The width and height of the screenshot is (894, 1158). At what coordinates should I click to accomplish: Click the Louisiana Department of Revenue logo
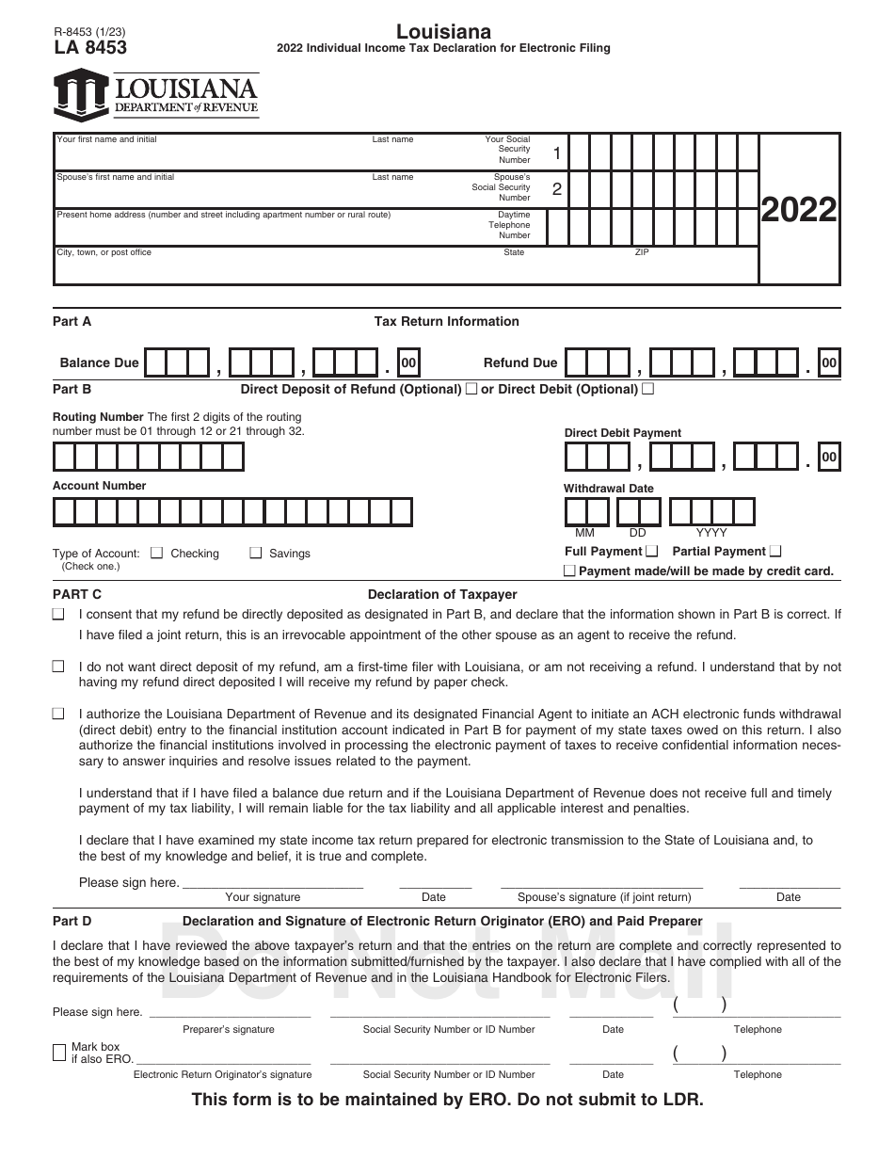[x=156, y=95]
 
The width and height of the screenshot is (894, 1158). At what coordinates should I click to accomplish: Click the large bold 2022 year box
[x=798, y=210]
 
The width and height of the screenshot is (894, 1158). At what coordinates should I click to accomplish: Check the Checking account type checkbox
[x=156, y=554]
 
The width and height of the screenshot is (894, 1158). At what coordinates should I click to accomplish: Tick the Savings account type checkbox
[x=255, y=554]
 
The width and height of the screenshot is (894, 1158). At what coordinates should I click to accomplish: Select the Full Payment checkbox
[x=652, y=552]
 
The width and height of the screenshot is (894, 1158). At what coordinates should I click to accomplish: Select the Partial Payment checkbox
[x=775, y=552]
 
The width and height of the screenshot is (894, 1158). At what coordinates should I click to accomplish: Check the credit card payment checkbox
[x=569, y=571]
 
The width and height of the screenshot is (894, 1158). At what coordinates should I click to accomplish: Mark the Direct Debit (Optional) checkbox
[x=647, y=389]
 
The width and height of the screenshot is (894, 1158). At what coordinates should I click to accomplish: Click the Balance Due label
[x=99, y=363]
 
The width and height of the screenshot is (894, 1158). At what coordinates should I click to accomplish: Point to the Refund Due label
[x=519, y=363]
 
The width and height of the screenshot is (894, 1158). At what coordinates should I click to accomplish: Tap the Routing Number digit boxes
[x=148, y=457]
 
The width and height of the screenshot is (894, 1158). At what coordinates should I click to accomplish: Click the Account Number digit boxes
[x=232, y=512]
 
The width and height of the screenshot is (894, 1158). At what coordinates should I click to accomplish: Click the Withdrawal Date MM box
[x=586, y=512]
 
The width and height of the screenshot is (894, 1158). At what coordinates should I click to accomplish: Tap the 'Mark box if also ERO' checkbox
[x=59, y=1053]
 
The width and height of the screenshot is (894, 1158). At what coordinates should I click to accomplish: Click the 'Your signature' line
[x=272, y=883]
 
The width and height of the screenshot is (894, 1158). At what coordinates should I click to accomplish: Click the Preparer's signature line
[x=229, y=1013]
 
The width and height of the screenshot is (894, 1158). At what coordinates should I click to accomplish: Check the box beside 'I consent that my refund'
[x=58, y=615]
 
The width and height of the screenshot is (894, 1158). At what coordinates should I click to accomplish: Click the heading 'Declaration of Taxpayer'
[x=442, y=595]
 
